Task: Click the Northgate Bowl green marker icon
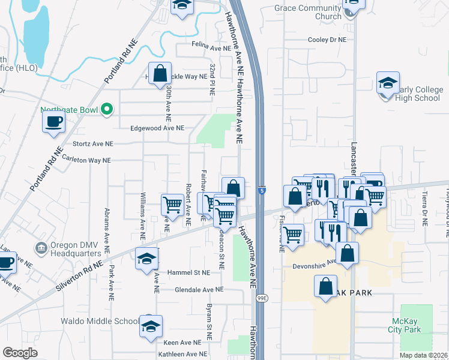tap(107, 109)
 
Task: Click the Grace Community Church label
tap(307, 12)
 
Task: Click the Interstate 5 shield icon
tap(263, 190)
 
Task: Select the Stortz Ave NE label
tap(93, 144)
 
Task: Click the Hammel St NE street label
tap(188, 272)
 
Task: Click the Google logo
tap(20, 353)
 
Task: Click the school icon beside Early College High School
tap(388, 83)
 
